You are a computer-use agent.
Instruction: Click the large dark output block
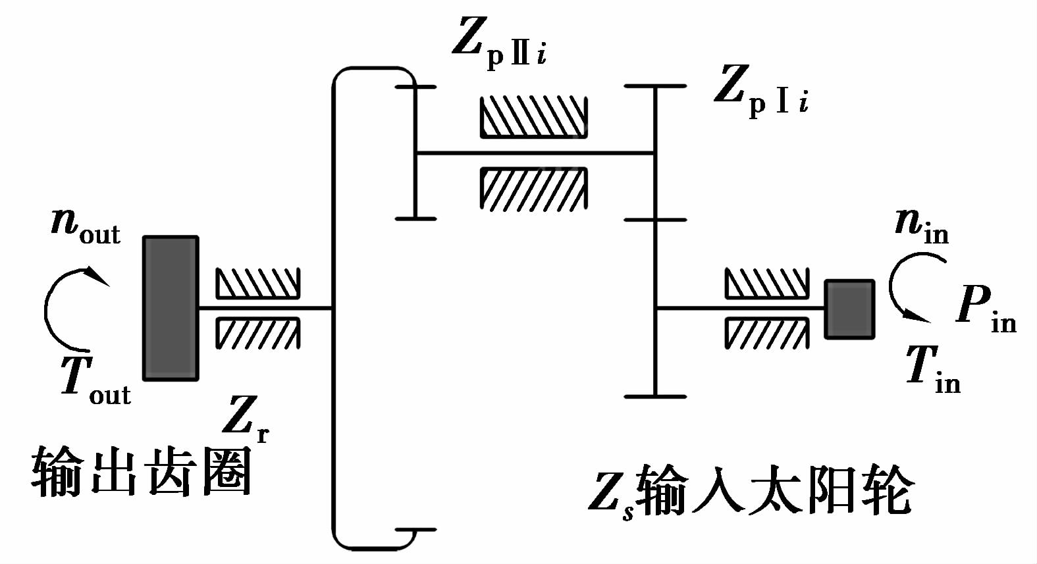coord(171,308)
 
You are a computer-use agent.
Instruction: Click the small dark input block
coord(849,309)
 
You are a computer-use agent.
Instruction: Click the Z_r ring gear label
coord(246,419)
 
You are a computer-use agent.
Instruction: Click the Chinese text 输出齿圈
coord(142,471)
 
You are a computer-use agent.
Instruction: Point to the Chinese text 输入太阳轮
coord(774,491)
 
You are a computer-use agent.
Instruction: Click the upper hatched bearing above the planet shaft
coord(533,117)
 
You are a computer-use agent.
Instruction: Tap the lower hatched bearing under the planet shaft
coord(533,189)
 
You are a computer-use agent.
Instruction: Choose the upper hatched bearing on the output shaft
coord(257,284)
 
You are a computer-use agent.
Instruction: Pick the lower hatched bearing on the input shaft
coord(766,333)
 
